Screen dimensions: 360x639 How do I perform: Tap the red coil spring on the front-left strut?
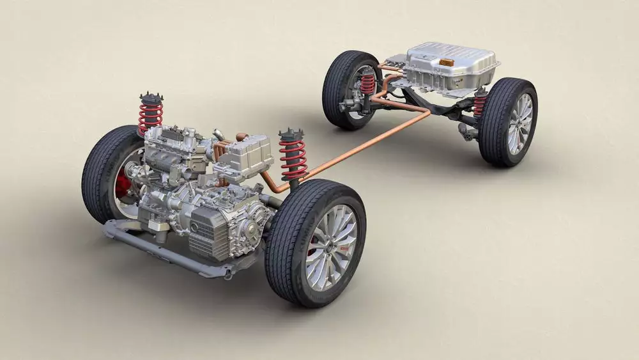click(150, 116)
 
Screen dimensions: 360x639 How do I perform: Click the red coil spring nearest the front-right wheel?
click(293, 157)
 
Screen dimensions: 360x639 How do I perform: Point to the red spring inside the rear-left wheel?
click(368, 84)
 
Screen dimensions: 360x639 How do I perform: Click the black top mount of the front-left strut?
click(151, 98)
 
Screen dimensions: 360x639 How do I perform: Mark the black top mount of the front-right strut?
click(291, 134)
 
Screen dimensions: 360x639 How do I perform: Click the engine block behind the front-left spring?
click(169, 153)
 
